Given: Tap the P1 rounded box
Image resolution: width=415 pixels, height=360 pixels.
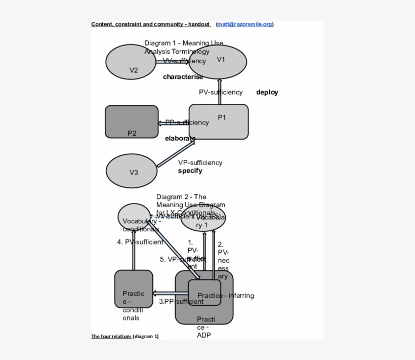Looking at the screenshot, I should tap(219, 122).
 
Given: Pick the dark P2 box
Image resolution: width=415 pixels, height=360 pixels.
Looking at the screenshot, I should tap(132, 122).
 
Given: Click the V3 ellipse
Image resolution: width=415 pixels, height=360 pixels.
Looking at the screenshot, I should tap(132, 170).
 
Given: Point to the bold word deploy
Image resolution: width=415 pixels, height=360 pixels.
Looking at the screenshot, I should tap(267, 92).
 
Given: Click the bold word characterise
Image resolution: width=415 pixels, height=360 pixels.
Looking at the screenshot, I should tap(183, 77).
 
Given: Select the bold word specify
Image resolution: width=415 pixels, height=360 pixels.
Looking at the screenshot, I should tap(190, 171).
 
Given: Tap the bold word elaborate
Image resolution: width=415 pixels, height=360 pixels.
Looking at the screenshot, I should tap(180, 138).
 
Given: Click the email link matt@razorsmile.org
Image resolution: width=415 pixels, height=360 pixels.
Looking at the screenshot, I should tap(244, 24).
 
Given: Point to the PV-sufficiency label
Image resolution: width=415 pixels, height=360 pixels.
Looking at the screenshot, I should tap(221, 92).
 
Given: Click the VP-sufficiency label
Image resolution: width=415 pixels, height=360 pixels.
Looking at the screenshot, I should tap(200, 163).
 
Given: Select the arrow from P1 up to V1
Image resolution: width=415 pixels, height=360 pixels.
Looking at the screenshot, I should tap(219, 91).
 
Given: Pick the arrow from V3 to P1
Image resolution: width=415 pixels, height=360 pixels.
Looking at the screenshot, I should tap(176, 154).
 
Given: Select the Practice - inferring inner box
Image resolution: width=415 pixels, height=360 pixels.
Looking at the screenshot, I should tap(204, 293).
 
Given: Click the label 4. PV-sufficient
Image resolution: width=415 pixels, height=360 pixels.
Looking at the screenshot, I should tap(140, 242).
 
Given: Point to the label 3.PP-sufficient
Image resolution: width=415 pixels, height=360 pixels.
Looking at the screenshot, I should tap(181, 301).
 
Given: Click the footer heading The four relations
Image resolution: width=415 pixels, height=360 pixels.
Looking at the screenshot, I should tap(111, 336).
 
